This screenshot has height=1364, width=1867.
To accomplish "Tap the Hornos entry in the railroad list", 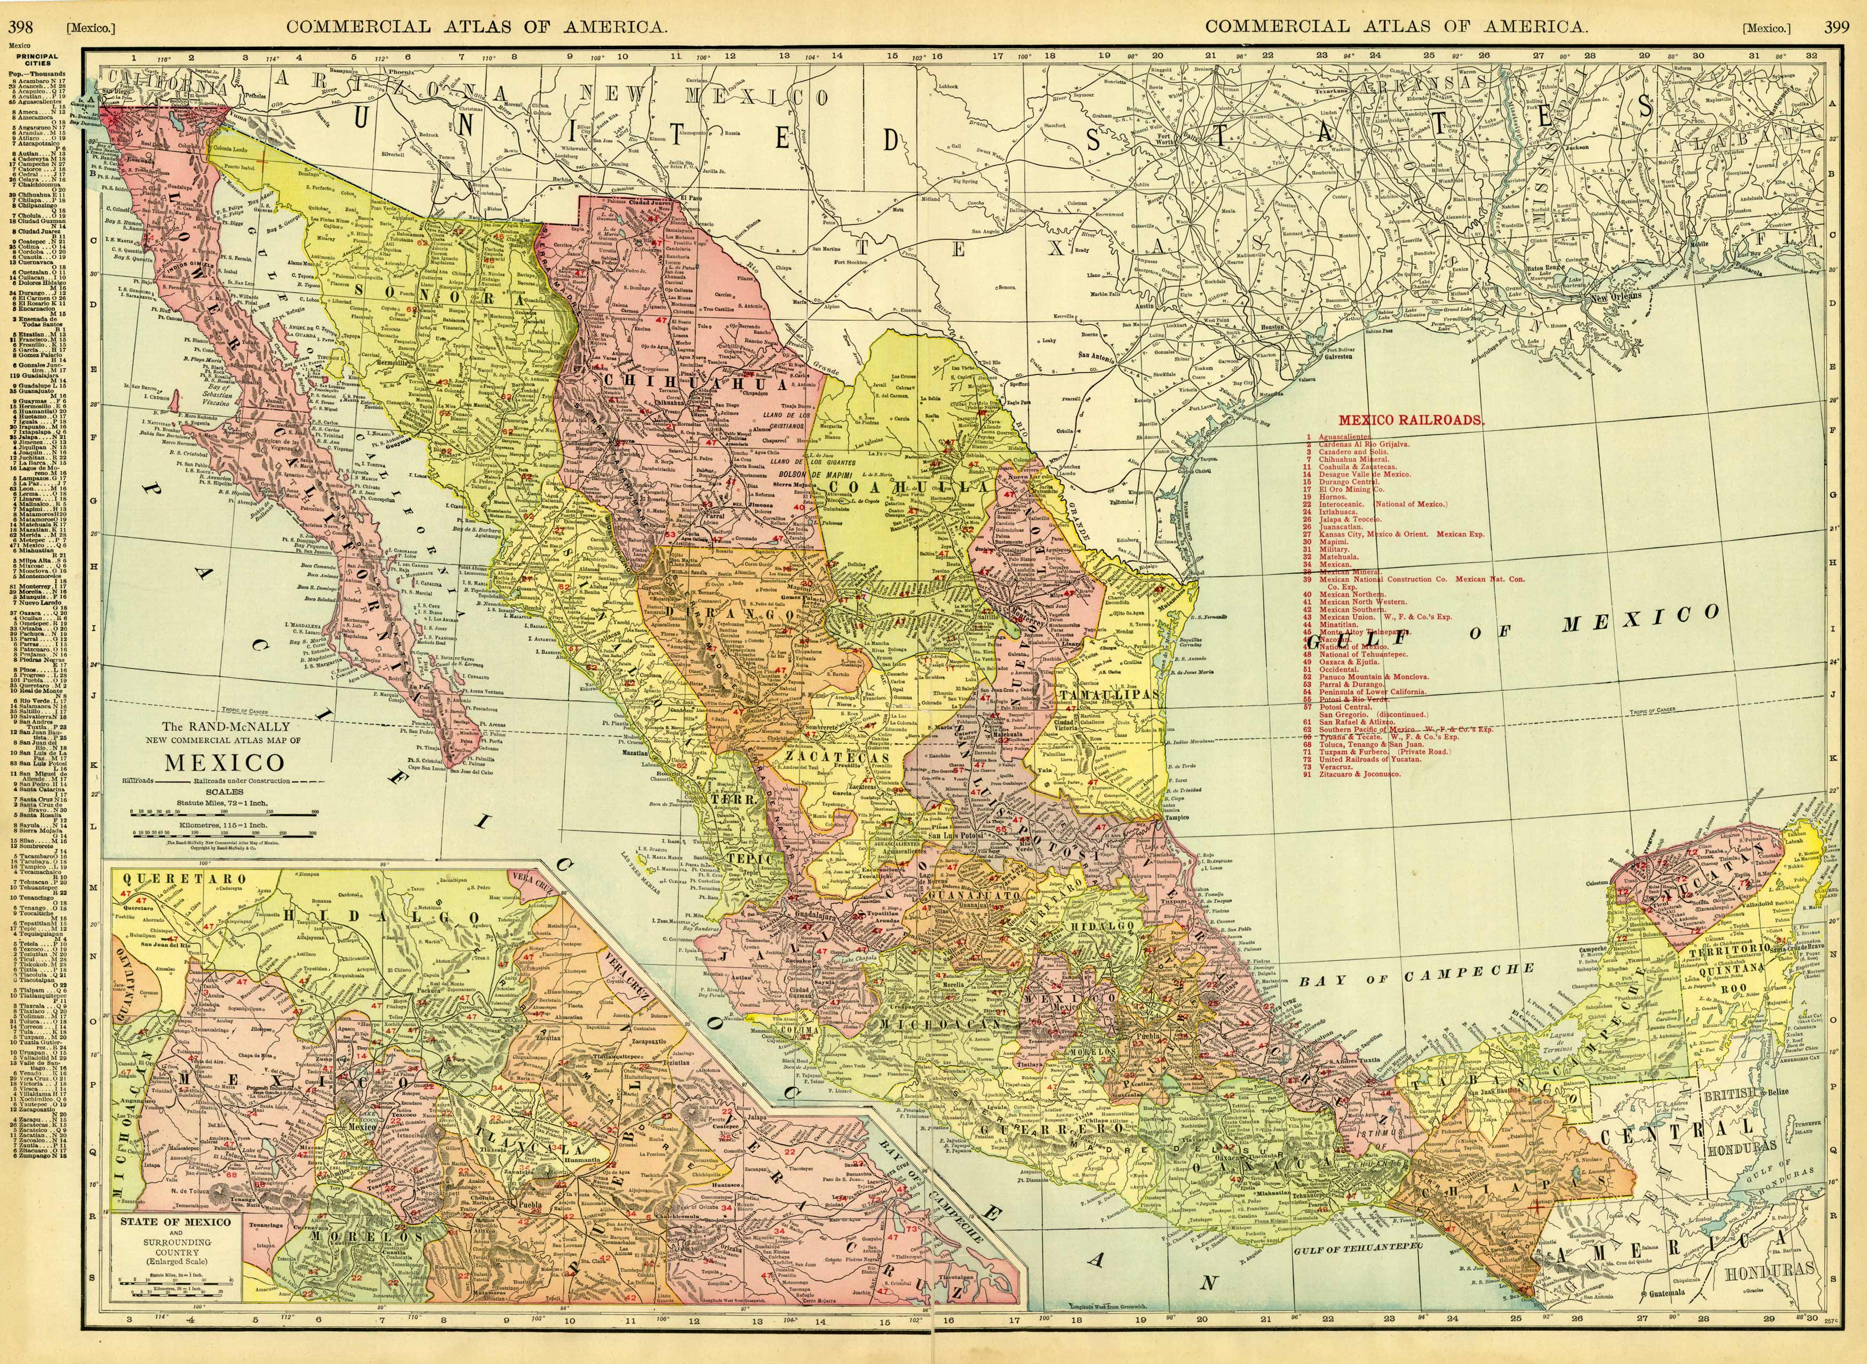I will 1330,497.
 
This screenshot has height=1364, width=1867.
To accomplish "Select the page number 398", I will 21,27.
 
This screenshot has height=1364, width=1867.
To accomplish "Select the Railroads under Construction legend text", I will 242,780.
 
